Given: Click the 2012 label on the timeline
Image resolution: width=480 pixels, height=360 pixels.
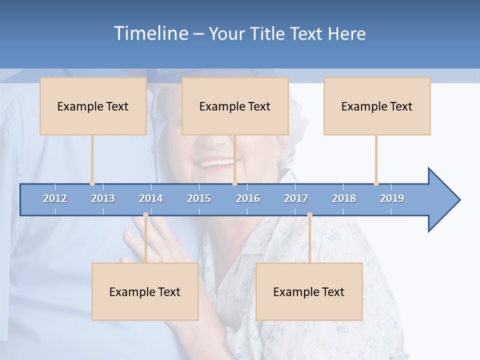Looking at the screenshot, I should pyautogui.click(x=55, y=198).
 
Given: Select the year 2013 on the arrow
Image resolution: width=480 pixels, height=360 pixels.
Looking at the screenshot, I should pyautogui.click(x=103, y=198).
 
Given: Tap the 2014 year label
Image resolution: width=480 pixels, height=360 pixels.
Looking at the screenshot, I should pyautogui.click(x=151, y=198).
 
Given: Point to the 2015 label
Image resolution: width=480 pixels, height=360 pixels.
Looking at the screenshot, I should pyautogui.click(x=199, y=198).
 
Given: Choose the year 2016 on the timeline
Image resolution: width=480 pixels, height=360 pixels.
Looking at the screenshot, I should pyautogui.click(x=248, y=198).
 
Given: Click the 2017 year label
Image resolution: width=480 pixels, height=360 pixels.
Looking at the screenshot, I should pyautogui.click(x=296, y=198).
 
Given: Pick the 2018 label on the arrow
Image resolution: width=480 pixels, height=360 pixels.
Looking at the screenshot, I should pyautogui.click(x=344, y=198).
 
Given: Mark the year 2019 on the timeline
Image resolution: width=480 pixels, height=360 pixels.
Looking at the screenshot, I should pyautogui.click(x=392, y=198).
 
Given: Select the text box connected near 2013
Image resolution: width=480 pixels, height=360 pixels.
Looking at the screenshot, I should pyautogui.click(x=93, y=106).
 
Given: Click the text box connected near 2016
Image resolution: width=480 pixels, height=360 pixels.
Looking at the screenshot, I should pyautogui.click(x=235, y=106).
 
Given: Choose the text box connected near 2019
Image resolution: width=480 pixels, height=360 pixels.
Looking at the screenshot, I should pyautogui.click(x=377, y=106).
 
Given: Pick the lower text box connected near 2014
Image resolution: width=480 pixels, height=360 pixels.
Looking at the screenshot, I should pyautogui.click(x=145, y=291).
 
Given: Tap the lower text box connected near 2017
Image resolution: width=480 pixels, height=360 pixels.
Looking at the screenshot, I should pyautogui.click(x=309, y=291).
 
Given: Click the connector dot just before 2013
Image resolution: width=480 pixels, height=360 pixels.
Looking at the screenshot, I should pyautogui.click(x=92, y=183).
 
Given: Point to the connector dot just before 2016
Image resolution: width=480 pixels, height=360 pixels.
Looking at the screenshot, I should pyautogui.click(x=234, y=183).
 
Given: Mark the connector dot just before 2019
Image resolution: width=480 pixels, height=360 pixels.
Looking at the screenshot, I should pyautogui.click(x=376, y=183).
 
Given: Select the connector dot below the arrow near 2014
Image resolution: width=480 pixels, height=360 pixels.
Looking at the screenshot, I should pyautogui.click(x=145, y=215).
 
